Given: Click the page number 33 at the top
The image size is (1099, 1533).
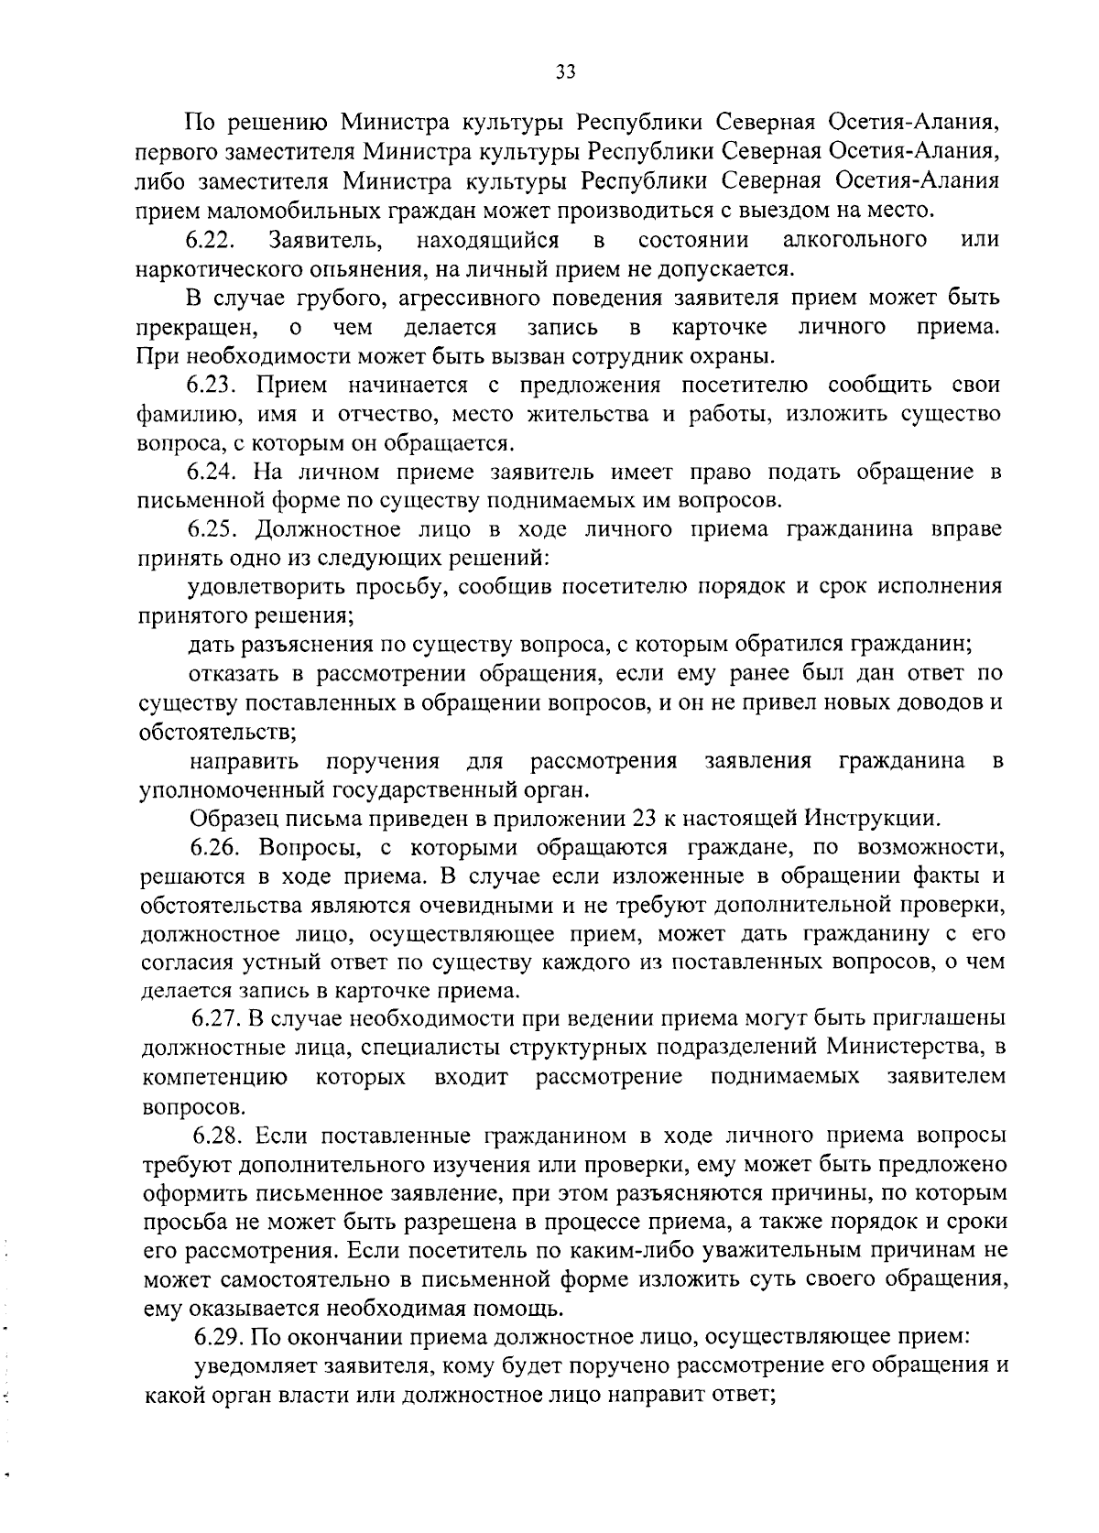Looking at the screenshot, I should pos(565,73).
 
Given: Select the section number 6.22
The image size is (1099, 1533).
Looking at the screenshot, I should pos(212,241).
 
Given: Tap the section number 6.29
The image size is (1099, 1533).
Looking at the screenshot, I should pos(219,1338).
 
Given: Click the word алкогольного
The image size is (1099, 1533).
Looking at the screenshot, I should pos(855,241).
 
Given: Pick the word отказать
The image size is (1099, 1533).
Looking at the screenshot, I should pos(235,675).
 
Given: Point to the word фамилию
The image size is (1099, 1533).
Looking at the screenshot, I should pos(183,415).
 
